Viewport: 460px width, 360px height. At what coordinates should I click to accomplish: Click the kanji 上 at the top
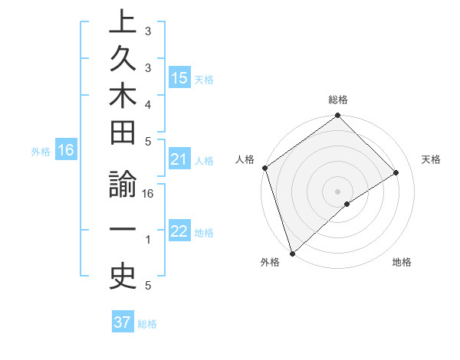(x=123, y=21)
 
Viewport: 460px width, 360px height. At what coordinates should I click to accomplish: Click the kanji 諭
(x=123, y=188)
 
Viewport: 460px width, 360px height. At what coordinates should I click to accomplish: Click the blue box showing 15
(x=179, y=78)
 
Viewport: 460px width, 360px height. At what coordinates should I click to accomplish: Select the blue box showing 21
(x=179, y=159)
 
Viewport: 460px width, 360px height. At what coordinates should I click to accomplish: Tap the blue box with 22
(x=179, y=231)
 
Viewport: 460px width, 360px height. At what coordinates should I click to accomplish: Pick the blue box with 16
(x=66, y=150)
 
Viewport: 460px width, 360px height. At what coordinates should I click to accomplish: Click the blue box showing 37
(x=123, y=322)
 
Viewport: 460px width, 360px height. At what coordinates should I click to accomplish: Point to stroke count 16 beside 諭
(x=149, y=194)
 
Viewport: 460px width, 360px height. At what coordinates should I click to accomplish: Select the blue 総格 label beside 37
(x=147, y=324)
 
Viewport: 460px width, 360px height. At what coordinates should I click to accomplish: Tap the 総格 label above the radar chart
(x=337, y=100)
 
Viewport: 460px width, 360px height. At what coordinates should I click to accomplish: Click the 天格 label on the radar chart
(x=432, y=159)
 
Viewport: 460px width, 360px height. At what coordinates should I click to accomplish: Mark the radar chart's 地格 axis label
(x=402, y=262)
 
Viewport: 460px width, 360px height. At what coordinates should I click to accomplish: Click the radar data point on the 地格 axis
(x=347, y=204)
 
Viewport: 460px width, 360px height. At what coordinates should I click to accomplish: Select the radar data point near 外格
(x=291, y=253)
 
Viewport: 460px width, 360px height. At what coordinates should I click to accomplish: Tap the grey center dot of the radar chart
(x=337, y=190)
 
